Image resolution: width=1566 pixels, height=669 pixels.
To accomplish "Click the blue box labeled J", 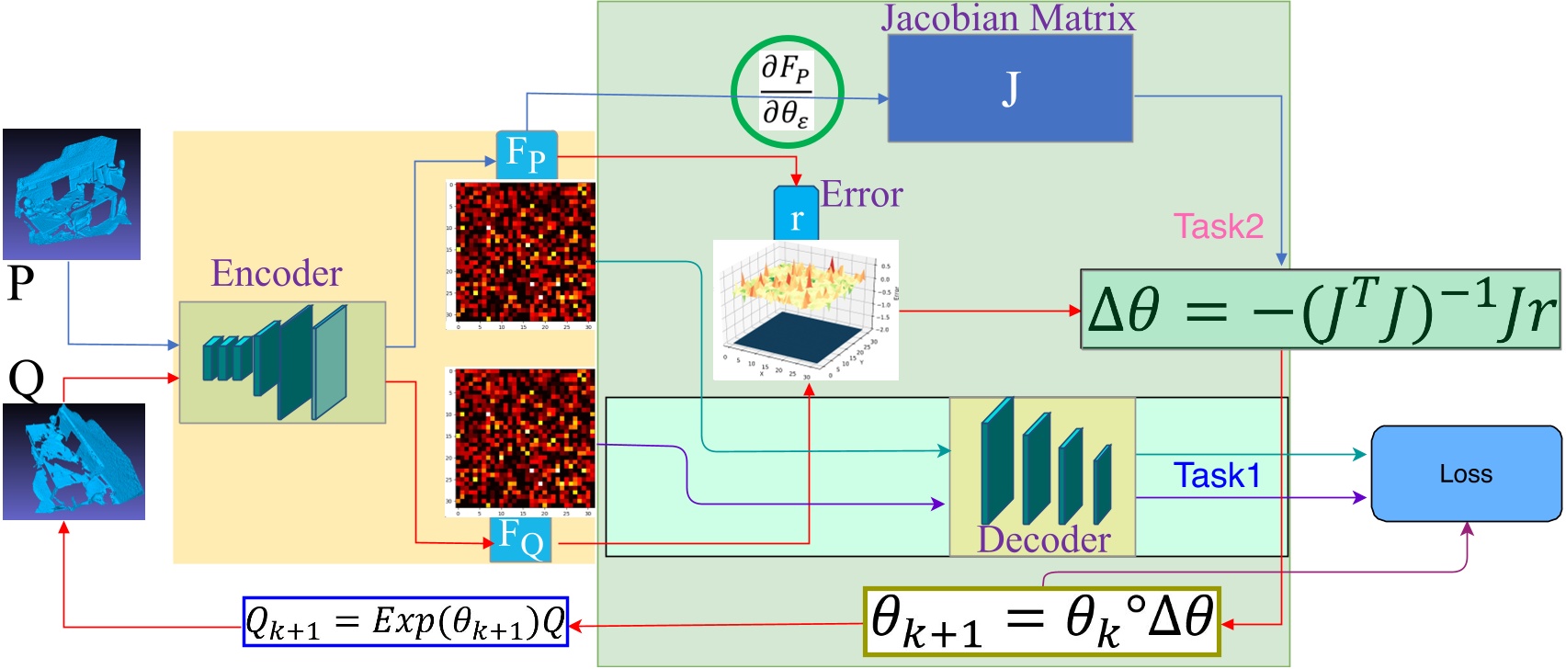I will coord(1009,89).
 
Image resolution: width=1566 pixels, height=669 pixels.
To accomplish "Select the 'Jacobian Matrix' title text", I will coord(1008,18).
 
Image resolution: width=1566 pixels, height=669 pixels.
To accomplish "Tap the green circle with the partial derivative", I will coord(787,92).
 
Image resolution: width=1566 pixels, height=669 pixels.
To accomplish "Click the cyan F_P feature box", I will coord(527,154).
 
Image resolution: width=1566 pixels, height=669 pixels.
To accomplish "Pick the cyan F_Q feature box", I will coord(520,539).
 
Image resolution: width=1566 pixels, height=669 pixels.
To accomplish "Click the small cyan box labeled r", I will coord(796,215).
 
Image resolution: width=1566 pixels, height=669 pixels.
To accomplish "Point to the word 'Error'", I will coord(861,195).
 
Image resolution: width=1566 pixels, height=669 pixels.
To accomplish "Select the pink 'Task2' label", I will coord(1218,226).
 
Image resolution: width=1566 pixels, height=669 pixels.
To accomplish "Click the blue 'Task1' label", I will coord(1217,475).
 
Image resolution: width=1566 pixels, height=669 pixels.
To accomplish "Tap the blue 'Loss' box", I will coord(1466,474).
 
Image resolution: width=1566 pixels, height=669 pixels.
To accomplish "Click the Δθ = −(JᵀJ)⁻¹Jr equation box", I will coord(1320,310).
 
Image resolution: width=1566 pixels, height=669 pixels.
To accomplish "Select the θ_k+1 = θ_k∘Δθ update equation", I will coord(1042,621).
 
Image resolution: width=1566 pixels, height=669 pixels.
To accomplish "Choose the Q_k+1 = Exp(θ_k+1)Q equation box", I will coord(405,622).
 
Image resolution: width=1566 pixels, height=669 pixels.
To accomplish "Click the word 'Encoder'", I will coord(277,274).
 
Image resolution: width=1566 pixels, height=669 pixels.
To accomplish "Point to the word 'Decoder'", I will coord(1043,539).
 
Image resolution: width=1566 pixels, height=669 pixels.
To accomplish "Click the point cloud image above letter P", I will coord(72,194).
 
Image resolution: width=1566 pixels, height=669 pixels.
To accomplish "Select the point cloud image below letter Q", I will coord(74,461).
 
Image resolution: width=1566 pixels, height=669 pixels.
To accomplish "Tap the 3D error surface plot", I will coord(805,310).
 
